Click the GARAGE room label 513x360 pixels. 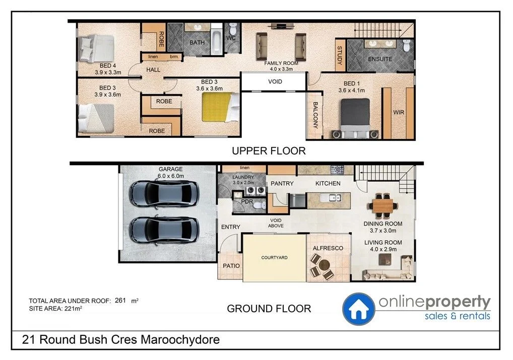pos(170,170)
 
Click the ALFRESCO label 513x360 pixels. pos(328,249)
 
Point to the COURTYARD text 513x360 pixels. pos(274,258)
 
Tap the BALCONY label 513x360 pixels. pos(315,115)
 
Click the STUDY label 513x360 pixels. pos(340,56)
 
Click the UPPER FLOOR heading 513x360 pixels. pos(268,151)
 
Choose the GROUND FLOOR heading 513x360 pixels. pos(269,308)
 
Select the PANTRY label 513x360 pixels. pos(281,184)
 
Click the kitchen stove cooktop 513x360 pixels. pos(337,169)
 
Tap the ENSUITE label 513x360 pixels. pos(380,59)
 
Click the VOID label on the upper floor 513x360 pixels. pos(275,82)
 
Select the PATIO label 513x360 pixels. pos(230,266)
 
